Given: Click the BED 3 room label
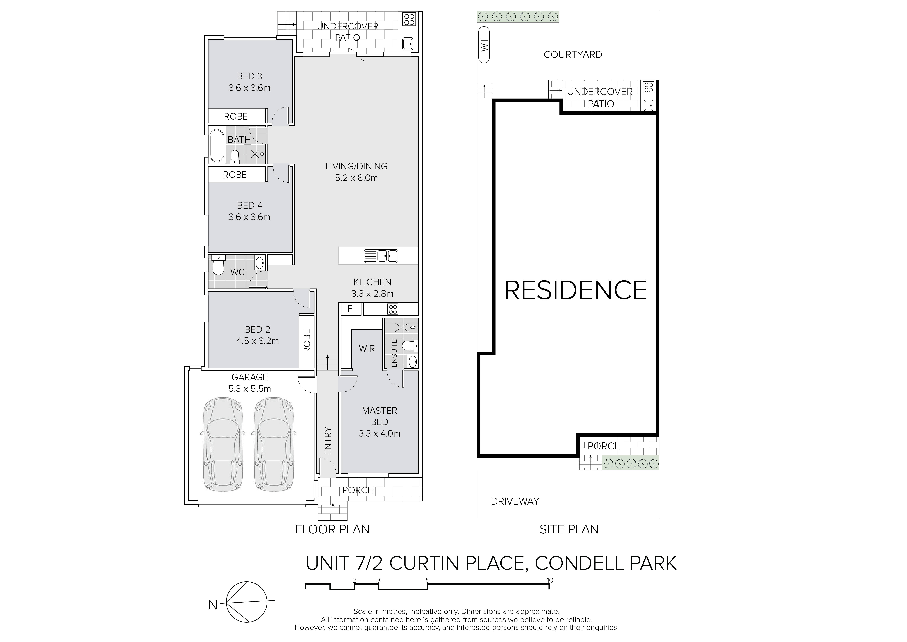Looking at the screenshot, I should click(x=249, y=76).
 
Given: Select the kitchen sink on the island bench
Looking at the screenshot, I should click(x=381, y=256).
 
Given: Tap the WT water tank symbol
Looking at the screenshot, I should click(x=484, y=45).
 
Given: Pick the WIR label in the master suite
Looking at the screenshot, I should click(x=367, y=349).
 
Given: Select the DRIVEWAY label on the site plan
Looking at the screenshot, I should click(x=515, y=501).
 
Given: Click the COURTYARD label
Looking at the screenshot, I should click(x=573, y=54).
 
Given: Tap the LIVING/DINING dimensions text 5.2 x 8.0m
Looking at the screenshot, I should click(x=356, y=178).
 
